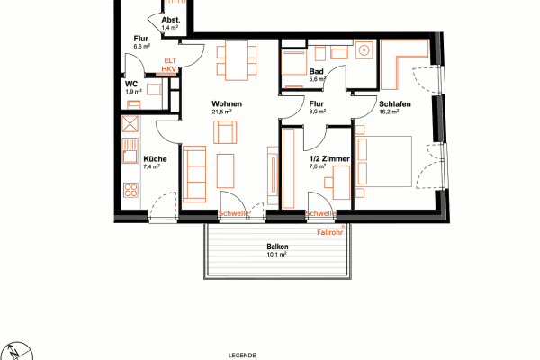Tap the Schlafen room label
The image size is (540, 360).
[x=395, y=105]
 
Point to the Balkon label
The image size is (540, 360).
[x=276, y=247]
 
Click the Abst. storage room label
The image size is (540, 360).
[x=170, y=20]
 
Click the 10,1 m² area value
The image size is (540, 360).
[x=276, y=255]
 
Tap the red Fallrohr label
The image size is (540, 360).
[x=330, y=232]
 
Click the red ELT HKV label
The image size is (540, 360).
[x=169, y=64]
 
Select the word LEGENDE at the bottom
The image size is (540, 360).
[x=243, y=355]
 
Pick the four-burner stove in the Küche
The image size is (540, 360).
[x=130, y=190]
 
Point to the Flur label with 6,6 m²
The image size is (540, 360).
[x=140, y=39]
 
